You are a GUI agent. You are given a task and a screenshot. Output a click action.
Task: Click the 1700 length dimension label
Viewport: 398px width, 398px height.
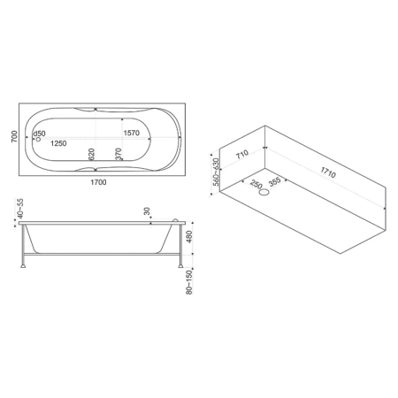[98, 182]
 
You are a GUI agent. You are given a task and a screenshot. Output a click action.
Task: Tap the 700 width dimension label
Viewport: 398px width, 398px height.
[14, 136]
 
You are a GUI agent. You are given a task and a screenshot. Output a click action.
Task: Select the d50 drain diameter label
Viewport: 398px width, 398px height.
[39, 134]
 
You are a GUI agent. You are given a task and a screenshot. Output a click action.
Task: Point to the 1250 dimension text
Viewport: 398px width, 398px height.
[58, 143]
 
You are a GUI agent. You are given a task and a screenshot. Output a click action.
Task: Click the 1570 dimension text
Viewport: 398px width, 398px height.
[132, 133]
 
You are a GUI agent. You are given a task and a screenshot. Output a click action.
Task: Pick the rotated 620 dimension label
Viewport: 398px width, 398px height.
[91, 154]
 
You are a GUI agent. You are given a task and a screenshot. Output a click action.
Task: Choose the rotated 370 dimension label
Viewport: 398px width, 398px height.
[119, 154]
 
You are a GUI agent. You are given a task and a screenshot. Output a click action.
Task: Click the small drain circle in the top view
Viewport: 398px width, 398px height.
[38, 139]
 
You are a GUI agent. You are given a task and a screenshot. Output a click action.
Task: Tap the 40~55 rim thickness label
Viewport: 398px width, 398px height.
[20, 209]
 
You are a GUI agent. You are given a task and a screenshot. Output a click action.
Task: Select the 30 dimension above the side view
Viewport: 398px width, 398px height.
[147, 211]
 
